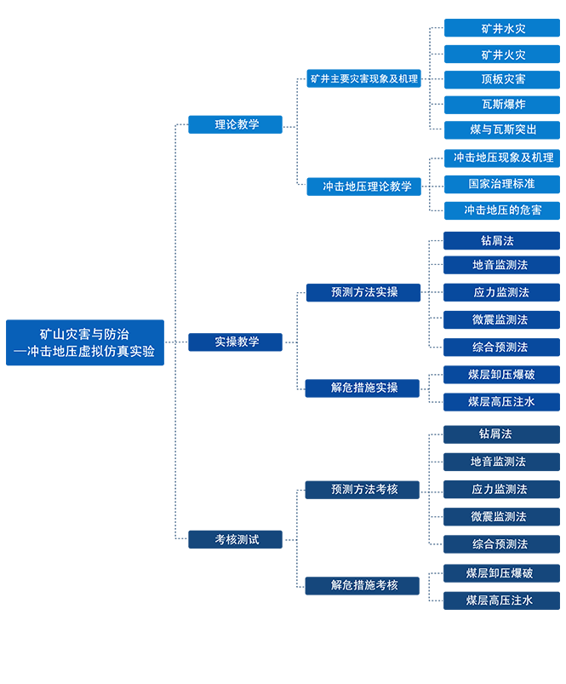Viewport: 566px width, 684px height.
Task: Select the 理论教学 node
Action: [237, 124]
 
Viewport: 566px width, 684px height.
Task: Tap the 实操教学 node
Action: [237, 342]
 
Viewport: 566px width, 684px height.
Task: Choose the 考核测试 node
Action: [237, 539]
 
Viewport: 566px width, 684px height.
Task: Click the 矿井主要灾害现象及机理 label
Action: [363, 78]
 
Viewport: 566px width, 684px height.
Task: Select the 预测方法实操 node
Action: [364, 291]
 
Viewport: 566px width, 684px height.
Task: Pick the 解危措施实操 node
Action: [364, 387]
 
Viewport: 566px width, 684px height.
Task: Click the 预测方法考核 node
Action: [364, 489]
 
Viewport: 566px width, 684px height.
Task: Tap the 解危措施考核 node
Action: [364, 584]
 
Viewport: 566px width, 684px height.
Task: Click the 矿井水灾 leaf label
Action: [503, 29]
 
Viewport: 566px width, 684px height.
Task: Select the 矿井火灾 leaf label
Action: [503, 55]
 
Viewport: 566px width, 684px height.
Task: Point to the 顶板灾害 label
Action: [503, 79]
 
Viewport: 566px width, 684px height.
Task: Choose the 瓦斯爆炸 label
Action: [503, 104]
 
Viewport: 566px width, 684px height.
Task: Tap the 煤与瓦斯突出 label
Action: [503, 129]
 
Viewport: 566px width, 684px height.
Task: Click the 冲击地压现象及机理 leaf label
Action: [503, 158]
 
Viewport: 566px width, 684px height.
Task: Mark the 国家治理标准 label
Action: [501, 183]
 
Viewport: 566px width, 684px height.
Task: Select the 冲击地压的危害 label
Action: [502, 210]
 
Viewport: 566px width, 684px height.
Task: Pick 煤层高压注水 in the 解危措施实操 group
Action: [501, 401]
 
